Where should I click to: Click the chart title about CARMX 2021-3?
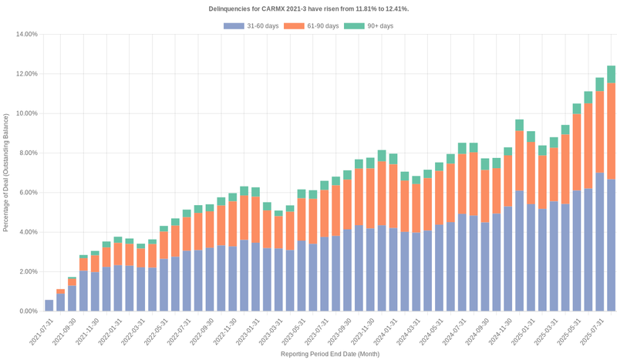tap(308, 8)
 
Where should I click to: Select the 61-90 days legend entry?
tap(312, 26)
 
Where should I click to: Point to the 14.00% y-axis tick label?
tap(26, 35)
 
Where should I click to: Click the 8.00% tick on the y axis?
tap(28, 153)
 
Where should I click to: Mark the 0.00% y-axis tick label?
tap(28, 311)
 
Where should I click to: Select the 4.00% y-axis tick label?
tap(28, 232)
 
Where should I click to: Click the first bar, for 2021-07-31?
tap(49, 305)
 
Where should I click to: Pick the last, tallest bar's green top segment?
tap(611, 74)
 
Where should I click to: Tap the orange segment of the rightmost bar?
tap(611, 131)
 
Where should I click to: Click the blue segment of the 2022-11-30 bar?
tap(232, 278)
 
